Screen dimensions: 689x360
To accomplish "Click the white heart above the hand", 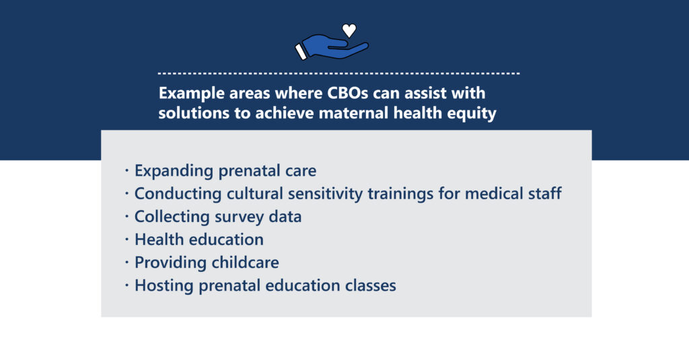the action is pyautogui.click(x=349, y=30).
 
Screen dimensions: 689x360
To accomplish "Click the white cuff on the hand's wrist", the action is pyautogui.click(x=301, y=51).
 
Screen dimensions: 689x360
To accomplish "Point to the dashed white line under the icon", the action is pyautogui.click(x=339, y=73).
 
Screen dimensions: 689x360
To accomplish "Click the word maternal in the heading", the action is pyautogui.click(x=354, y=113).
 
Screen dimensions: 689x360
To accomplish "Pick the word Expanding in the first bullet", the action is pyautogui.click(x=174, y=171).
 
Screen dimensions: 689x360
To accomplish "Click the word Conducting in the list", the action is pyautogui.click(x=178, y=194).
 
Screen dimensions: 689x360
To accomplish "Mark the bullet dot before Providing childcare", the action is pyautogui.click(x=126, y=262).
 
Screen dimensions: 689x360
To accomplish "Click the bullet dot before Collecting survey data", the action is pyautogui.click(x=126, y=216).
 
